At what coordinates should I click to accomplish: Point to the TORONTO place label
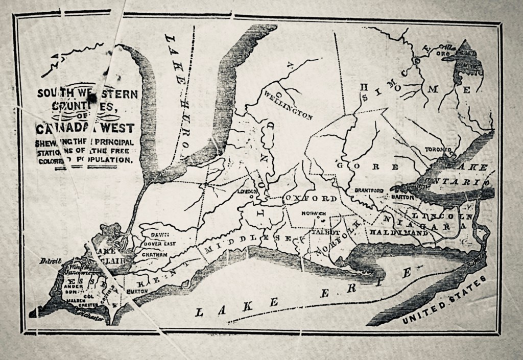[x=438, y=149]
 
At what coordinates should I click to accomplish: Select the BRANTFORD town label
[x=368, y=190]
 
